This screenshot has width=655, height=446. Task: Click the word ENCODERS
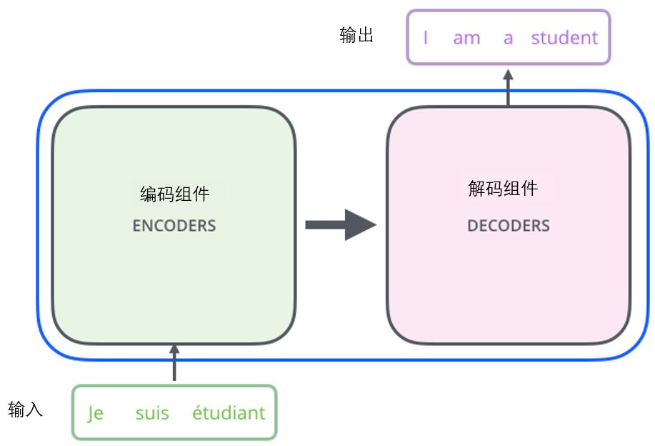click(x=174, y=226)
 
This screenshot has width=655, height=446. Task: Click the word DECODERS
click(x=508, y=226)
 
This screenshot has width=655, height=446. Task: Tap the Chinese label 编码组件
click(x=174, y=194)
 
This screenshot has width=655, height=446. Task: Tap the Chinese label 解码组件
click(x=502, y=189)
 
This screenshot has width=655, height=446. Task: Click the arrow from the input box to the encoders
click(x=174, y=365)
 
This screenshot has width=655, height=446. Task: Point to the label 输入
click(x=26, y=410)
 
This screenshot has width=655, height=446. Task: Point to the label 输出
click(x=356, y=36)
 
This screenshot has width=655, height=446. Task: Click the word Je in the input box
click(x=96, y=413)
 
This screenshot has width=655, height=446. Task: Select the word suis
click(x=152, y=413)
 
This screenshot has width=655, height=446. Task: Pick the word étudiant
click(x=229, y=412)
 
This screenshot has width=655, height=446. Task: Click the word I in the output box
click(x=426, y=38)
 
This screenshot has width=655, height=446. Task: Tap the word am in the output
click(x=466, y=38)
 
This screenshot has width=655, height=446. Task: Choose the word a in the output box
click(x=508, y=38)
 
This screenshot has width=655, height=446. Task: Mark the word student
click(x=564, y=38)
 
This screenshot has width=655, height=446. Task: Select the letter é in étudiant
click(x=197, y=412)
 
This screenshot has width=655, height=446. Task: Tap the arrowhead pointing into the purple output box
click(x=508, y=74)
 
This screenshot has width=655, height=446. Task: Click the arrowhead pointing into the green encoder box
click(x=174, y=350)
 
